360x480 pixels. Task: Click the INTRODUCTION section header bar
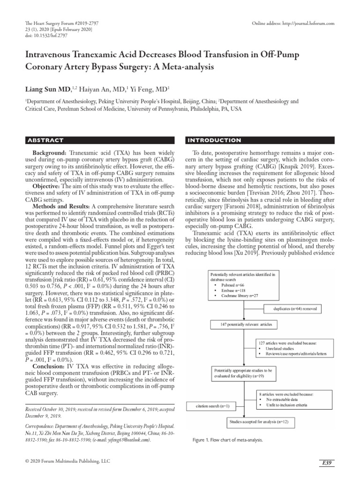point(261,140)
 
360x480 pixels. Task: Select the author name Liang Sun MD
point(48,89)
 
